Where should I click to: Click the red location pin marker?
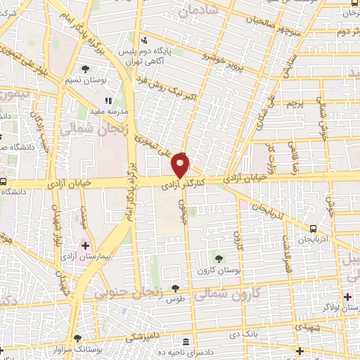click(x=181, y=166)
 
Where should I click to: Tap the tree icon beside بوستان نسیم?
click(x=86, y=69)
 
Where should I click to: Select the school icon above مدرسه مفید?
click(x=108, y=101)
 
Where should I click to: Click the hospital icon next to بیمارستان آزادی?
click(x=85, y=245)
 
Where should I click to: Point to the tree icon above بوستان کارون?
click(x=219, y=259)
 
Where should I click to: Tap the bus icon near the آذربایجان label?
click(x=312, y=229)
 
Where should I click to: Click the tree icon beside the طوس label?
click(x=175, y=288)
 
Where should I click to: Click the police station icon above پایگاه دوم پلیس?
click(x=144, y=39)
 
